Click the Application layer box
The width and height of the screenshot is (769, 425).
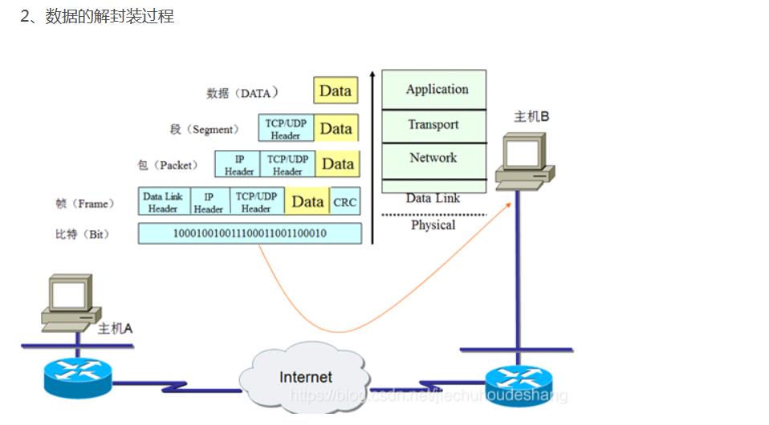point(434,89)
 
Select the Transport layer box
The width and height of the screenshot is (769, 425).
point(434,125)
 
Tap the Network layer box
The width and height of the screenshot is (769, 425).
point(434,159)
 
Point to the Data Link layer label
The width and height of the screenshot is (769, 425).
point(433,197)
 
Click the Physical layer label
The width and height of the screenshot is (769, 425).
point(433,225)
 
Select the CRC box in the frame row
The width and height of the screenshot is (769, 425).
point(345,203)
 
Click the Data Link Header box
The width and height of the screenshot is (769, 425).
point(163,202)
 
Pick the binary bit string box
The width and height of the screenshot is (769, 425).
point(250,233)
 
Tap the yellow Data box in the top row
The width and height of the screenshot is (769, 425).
point(335,91)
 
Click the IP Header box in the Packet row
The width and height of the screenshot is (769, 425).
point(238,165)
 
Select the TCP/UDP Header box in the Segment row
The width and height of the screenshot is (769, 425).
point(286,129)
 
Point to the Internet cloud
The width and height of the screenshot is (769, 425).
point(305,377)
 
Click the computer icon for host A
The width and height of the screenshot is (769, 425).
point(70,302)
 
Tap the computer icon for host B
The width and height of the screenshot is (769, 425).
point(524,160)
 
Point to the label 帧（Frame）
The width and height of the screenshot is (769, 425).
point(85,204)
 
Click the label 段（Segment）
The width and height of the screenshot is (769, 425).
point(204,129)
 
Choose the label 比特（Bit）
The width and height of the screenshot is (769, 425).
point(82,234)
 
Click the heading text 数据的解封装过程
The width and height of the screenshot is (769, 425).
point(109,16)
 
